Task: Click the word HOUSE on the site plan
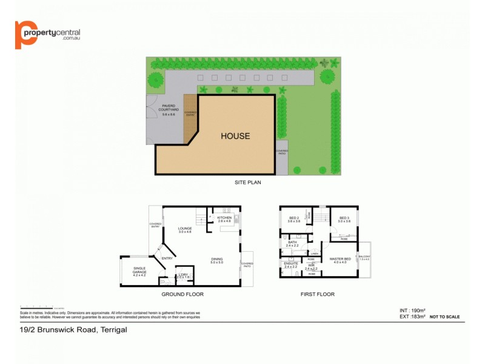click(x=235, y=136)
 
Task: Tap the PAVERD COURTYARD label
click(x=169, y=110)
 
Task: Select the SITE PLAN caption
click(x=247, y=182)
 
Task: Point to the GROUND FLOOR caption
click(x=182, y=294)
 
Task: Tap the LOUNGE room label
click(x=185, y=229)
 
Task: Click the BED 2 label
click(x=295, y=219)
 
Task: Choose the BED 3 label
click(x=344, y=219)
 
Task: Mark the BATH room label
click(x=292, y=243)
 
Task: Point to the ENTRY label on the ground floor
click(x=168, y=259)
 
